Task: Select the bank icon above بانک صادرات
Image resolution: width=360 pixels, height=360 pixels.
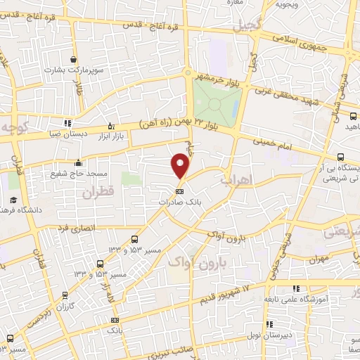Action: [179, 191]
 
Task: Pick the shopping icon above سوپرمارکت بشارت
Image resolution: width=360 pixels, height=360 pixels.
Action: [74, 60]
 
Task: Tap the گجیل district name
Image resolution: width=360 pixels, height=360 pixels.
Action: [249, 25]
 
